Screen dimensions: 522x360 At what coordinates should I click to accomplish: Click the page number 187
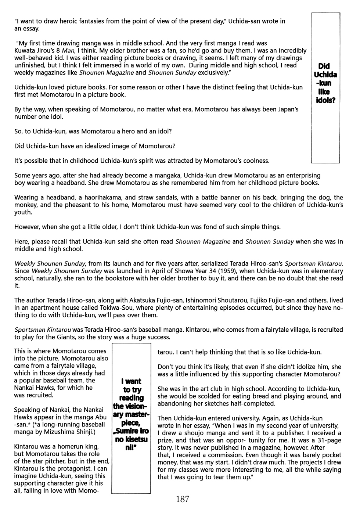183,499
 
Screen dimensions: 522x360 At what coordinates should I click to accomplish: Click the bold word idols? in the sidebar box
325,100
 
